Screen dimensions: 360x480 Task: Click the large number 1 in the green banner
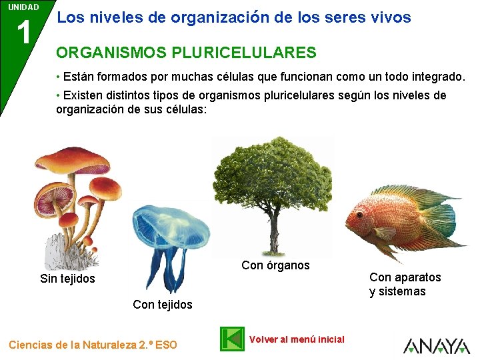[24, 32]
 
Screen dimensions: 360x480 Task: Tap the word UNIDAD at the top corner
[23, 7]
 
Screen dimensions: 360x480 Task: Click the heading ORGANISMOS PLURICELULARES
[186, 52]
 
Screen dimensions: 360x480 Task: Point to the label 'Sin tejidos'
[67, 279]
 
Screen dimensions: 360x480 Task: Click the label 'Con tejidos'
[163, 305]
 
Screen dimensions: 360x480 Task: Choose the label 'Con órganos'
[275, 265]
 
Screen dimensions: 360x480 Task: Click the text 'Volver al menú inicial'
[297, 339]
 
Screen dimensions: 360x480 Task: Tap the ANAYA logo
[437, 346]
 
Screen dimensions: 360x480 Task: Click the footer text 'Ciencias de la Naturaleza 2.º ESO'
[93, 345]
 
